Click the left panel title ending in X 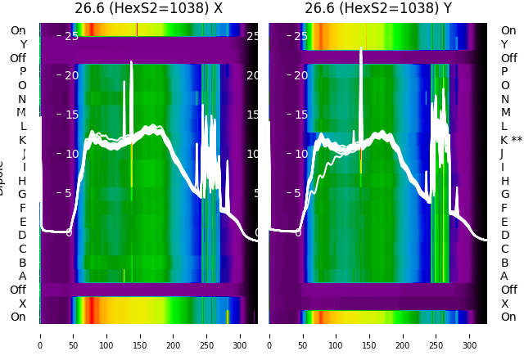pyautogui.click(x=148, y=9)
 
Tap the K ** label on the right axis pyautogui.click(x=511, y=140)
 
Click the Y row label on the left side pyautogui.click(x=23, y=44)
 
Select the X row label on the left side pyautogui.click(x=23, y=304)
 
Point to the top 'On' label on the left pyautogui.click(x=18, y=30)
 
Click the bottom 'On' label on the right pyautogui.click(x=508, y=317)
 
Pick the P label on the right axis pyautogui.click(x=505, y=71)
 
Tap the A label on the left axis pyautogui.click(x=23, y=276)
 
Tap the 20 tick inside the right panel pyautogui.click(x=300, y=75)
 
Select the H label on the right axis pyautogui.click(x=505, y=181)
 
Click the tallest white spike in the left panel pyautogui.click(x=131, y=62)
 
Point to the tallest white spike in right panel pyautogui.click(x=360, y=49)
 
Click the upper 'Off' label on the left pyautogui.click(x=18, y=58)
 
